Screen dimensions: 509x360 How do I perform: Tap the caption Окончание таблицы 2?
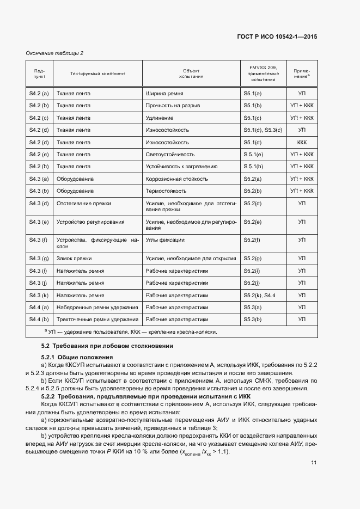pyautogui.click(x=55, y=53)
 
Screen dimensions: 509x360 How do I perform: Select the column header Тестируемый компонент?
pyautogui.click(x=97, y=73)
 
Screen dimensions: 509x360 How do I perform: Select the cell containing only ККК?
pyautogui.click(x=302, y=142)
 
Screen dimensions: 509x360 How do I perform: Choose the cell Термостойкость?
pyautogui.click(x=166, y=191)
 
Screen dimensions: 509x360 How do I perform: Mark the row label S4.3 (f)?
pyautogui.click(x=39, y=240)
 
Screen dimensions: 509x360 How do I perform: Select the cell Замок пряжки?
pyautogui.click(x=74, y=258)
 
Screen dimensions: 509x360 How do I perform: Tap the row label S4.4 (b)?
pyautogui.click(x=39, y=320)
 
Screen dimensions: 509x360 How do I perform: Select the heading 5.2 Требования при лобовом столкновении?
pyautogui.click(x=107, y=346)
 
